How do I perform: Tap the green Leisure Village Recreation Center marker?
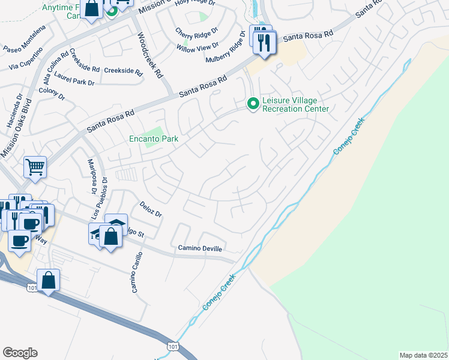pyautogui.click(x=253, y=104)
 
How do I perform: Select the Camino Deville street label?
pyautogui.click(x=200, y=248)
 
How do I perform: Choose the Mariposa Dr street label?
pyautogui.click(x=92, y=177)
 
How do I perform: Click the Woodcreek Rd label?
pyautogui.click(x=150, y=55)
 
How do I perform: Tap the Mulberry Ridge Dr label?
pyautogui.click(x=226, y=50)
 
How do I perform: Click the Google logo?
pyautogui.click(x=20, y=353)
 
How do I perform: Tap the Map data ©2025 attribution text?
pyautogui.click(x=423, y=355)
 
